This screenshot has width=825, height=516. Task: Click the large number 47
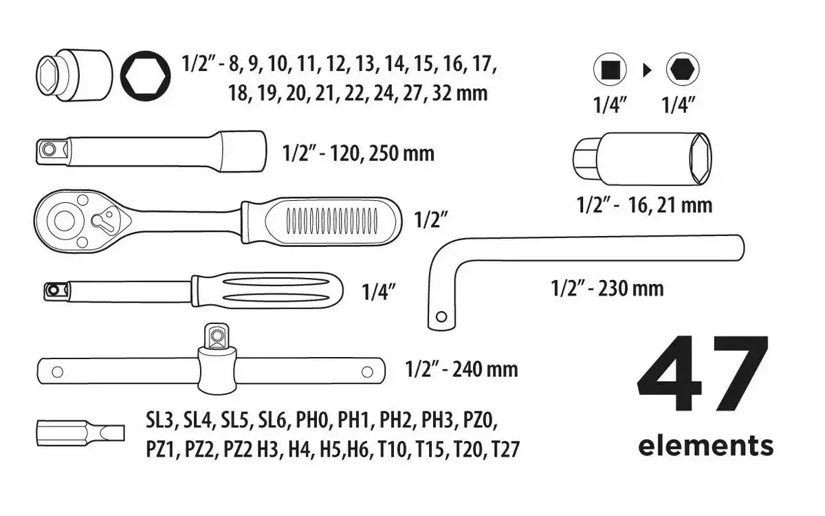[703, 374]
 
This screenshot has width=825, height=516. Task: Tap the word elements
[705, 446]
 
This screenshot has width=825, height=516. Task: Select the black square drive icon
[610, 69]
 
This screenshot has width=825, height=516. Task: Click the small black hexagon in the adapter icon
[683, 69]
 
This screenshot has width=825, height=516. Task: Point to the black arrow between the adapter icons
[647, 70]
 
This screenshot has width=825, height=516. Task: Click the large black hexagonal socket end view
[146, 76]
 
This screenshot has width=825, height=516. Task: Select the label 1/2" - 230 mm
[607, 288]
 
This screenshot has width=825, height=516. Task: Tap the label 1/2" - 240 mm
[461, 369]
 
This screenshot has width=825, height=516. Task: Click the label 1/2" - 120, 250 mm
[358, 153]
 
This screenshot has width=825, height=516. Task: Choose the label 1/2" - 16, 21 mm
[645, 205]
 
